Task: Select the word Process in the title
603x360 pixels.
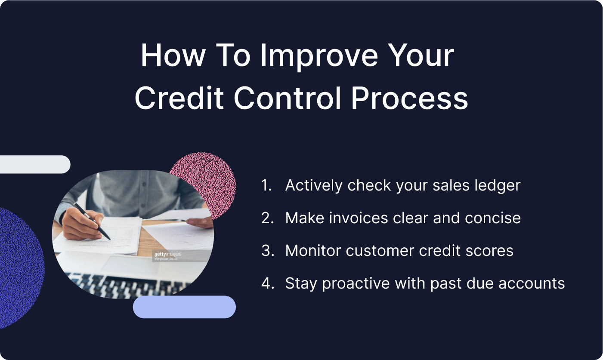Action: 409,98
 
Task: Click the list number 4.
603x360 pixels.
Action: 267,283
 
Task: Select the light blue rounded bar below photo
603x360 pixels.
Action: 184,307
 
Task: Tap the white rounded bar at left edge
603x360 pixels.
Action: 34,164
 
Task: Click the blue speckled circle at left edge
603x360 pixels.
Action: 19,267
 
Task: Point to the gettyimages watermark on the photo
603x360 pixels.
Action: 168,255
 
